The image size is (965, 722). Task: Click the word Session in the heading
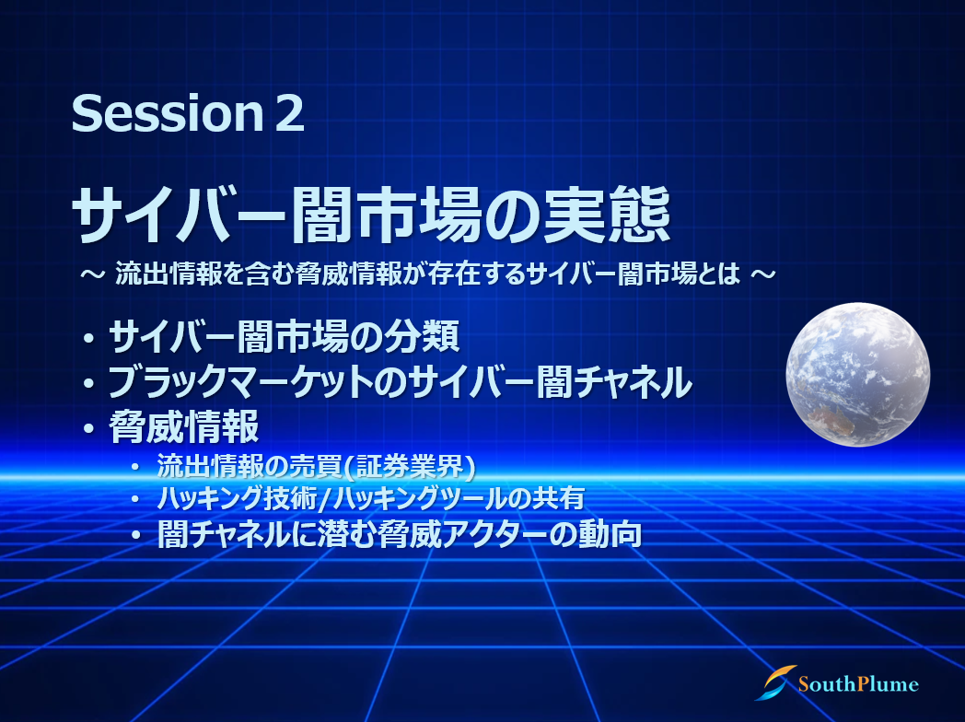click(168, 113)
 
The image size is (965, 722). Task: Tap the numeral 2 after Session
click(289, 113)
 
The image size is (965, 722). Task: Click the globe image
click(858, 374)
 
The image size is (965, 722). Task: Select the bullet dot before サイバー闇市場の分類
click(89, 339)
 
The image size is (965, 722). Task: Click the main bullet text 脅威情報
click(184, 426)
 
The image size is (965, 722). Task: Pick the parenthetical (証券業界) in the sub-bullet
click(409, 467)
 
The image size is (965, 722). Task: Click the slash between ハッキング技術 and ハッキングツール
click(325, 498)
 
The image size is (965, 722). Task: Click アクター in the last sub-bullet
click(496, 533)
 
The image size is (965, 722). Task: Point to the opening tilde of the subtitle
click(92, 274)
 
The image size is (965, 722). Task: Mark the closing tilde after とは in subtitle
click(763, 274)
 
